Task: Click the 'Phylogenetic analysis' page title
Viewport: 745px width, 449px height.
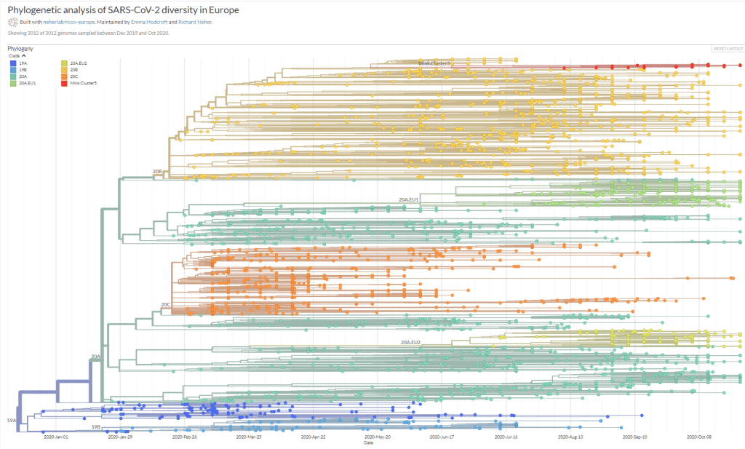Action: tap(123, 11)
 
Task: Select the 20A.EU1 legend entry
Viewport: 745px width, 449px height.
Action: tap(27, 83)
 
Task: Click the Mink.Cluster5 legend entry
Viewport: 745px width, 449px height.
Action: tap(83, 83)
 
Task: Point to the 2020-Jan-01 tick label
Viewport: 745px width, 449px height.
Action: tap(55, 437)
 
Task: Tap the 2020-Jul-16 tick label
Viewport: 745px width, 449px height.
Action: tap(506, 437)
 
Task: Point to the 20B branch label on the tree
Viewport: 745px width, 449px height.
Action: tap(157, 171)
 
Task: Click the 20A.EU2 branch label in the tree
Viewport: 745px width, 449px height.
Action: tap(410, 341)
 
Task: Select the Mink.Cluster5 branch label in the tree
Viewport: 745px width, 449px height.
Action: tap(434, 64)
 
